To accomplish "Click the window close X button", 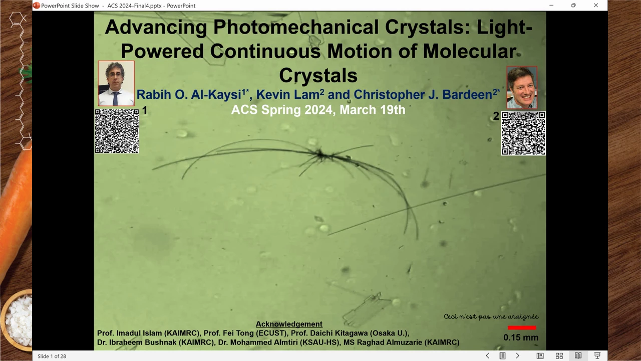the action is pos(596,5).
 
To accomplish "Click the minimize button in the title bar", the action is pos(551,5).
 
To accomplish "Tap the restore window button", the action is pos(573,5).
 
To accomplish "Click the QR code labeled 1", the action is pos(117,131).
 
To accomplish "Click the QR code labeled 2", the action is pos(523,133).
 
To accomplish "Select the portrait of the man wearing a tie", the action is pos(116,83).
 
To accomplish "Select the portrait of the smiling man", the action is pos(522,87).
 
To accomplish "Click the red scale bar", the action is pos(522,327).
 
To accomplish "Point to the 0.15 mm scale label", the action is pos(521,337).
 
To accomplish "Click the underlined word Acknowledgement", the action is pos(289,324).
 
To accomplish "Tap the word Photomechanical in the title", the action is pos(296,28).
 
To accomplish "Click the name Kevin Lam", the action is pos(290,95).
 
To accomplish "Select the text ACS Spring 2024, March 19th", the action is pos(318,110).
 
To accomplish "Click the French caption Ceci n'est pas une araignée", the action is pos(491,316).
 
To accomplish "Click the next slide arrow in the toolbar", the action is pos(517,355).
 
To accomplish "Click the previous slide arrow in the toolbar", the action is pos(487,355).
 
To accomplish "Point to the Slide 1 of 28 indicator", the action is pos(52,356).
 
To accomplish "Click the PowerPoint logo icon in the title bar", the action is pos(37,6).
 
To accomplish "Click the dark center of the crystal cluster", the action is pos(321,155).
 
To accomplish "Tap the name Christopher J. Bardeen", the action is pos(423,95).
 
